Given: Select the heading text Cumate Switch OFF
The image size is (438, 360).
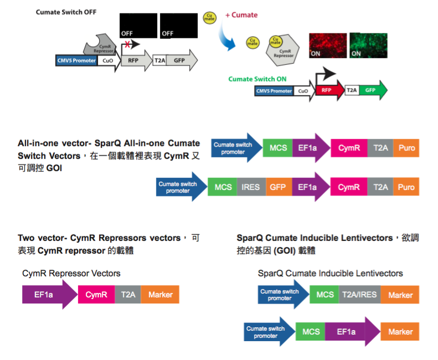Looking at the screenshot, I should pos(66,12).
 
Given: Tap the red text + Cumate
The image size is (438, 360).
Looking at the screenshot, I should pos(241,15).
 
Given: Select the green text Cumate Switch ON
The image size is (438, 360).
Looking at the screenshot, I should pos(257,79).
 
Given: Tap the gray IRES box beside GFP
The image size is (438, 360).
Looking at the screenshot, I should pos(251,187).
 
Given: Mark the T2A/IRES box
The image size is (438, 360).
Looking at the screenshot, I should pos(359,295).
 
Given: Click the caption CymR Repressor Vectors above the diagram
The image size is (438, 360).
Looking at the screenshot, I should pos(71,273).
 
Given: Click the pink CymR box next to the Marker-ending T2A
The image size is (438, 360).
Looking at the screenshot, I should pos(96,295).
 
